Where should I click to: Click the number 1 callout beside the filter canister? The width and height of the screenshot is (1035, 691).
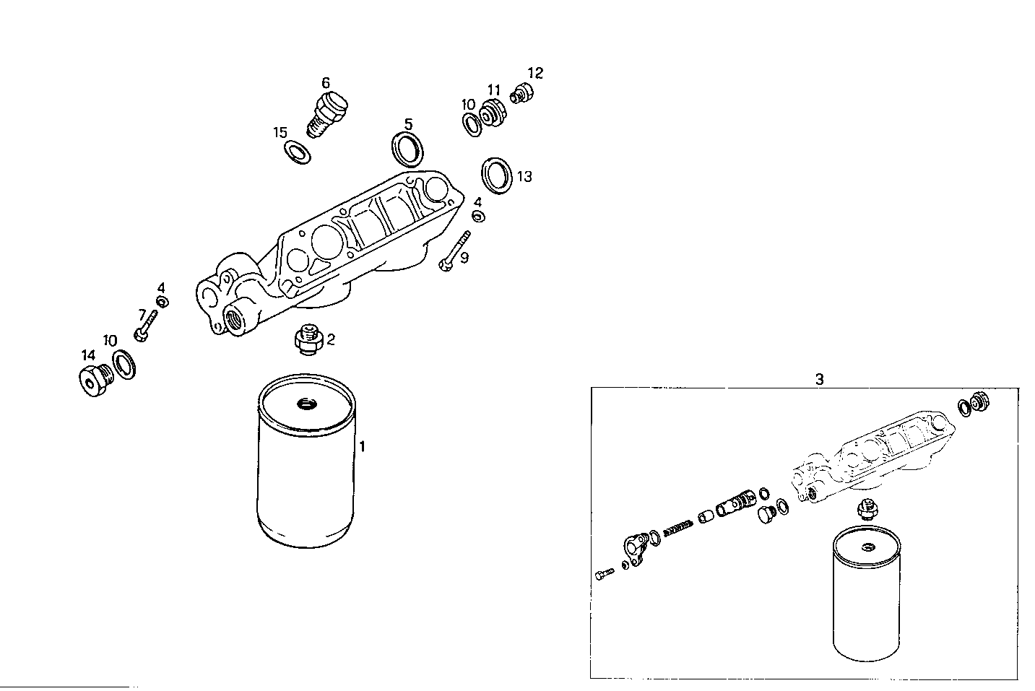pos(362,446)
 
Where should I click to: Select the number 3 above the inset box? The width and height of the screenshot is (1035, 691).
pos(819,379)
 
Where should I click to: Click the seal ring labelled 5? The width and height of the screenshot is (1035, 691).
pos(409,148)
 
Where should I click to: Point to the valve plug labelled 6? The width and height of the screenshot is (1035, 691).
pos(331,113)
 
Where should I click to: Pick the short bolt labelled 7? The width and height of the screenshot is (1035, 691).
pos(146,324)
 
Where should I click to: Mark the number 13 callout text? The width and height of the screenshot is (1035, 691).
pos(524,176)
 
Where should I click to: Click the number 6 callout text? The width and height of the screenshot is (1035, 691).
pos(326,83)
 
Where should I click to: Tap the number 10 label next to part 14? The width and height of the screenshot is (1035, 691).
pos(110,340)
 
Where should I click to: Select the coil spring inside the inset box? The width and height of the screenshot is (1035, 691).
pos(676,529)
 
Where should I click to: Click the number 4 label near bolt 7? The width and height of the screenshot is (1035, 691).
pos(161,287)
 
